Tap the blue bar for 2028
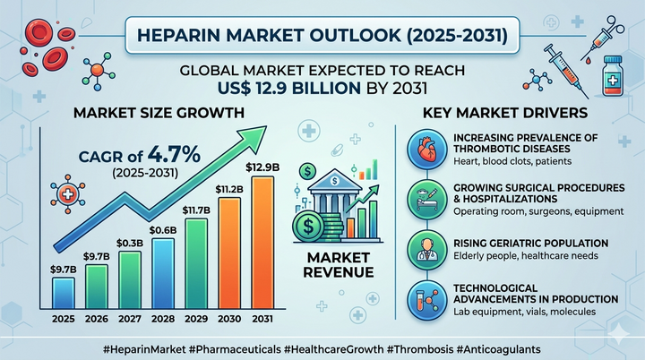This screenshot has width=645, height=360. click(163, 273)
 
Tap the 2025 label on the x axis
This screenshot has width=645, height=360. click(63, 320)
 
